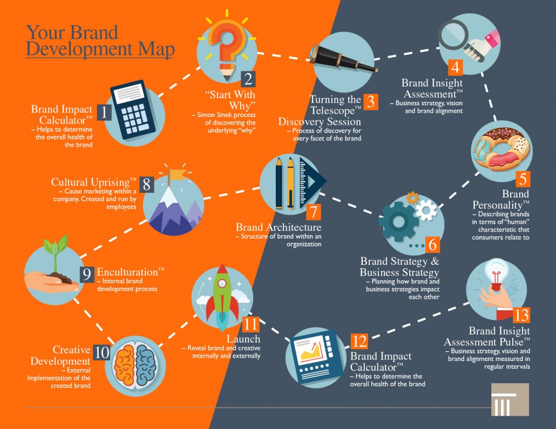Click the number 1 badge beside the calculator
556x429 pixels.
[x=104, y=112]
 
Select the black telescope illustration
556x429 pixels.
[x=343, y=59]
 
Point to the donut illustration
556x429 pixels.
[x=502, y=148]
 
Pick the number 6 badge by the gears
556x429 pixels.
[x=432, y=244]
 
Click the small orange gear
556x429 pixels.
[x=412, y=198]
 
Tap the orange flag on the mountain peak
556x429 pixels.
[x=176, y=175]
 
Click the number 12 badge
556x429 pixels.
[x=359, y=342]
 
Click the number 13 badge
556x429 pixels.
[x=521, y=315]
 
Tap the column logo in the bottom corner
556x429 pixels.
[x=510, y=399]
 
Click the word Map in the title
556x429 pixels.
[x=157, y=50]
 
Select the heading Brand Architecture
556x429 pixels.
[x=279, y=227]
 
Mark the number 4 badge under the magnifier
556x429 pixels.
[x=456, y=67]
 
